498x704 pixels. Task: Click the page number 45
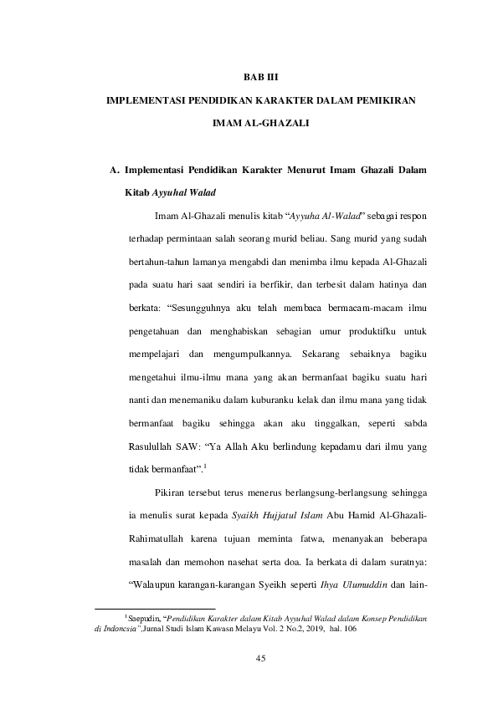click(259, 661)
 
